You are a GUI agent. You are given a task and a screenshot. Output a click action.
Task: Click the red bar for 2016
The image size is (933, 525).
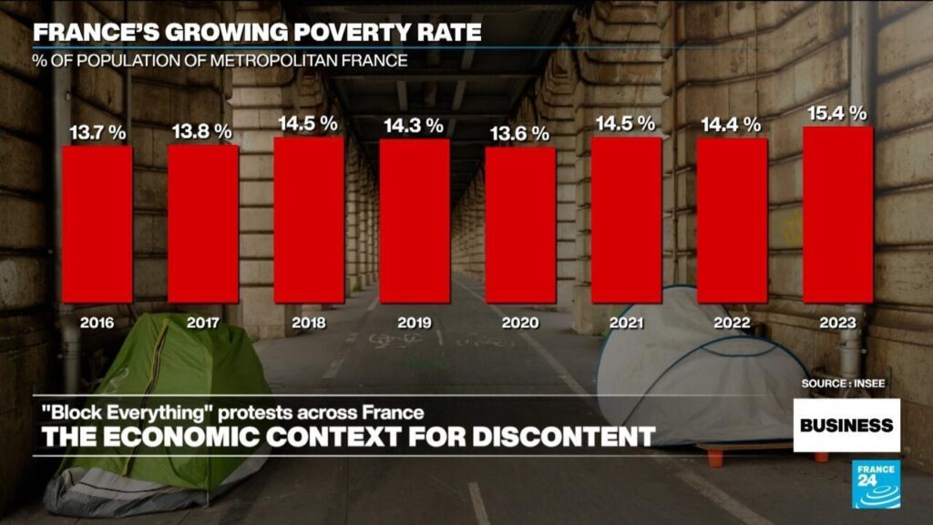(x=97, y=224)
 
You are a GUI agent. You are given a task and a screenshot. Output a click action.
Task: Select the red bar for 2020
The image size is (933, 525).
(x=520, y=224)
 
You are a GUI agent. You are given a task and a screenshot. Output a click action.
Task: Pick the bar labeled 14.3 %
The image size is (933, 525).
(x=415, y=221)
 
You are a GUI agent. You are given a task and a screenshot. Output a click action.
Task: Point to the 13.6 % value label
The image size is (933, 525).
(x=520, y=134)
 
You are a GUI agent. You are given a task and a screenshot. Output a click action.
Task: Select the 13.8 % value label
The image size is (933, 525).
(x=203, y=131)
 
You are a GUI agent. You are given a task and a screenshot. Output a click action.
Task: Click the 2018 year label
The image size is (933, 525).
(x=309, y=322)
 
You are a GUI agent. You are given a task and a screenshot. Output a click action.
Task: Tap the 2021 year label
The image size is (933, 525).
(x=626, y=322)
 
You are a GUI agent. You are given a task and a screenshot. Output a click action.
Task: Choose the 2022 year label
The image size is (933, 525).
(x=732, y=322)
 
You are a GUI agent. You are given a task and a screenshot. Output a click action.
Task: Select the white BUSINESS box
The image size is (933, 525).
(x=846, y=425)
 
